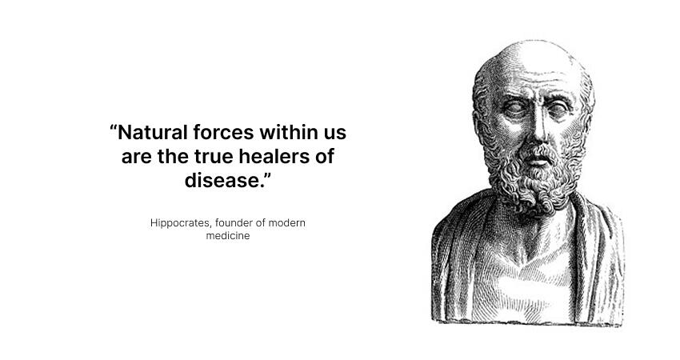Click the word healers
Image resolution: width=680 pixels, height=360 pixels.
(x=274, y=156)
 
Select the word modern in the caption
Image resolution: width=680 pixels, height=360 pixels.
(x=286, y=222)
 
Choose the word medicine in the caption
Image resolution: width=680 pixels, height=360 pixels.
(x=228, y=235)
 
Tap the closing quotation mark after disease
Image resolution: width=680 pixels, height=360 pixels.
(x=267, y=176)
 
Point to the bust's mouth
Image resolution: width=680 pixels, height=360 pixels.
(x=538, y=162)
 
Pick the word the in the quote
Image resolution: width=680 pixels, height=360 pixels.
(x=173, y=156)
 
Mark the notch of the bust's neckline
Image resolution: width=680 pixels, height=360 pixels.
(x=526, y=260)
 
